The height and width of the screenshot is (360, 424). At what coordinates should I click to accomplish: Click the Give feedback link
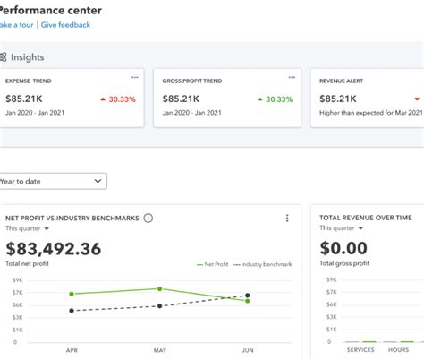click(x=66, y=25)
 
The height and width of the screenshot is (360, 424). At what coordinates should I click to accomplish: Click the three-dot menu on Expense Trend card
click(x=135, y=78)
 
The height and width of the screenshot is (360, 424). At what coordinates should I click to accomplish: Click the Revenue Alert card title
click(x=341, y=81)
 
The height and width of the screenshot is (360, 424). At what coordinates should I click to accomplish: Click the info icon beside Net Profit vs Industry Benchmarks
click(x=148, y=218)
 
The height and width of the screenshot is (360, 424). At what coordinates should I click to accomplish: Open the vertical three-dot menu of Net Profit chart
click(x=287, y=218)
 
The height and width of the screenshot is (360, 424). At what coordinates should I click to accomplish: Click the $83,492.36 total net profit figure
click(x=54, y=249)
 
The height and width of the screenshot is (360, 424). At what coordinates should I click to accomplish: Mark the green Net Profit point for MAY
click(x=159, y=288)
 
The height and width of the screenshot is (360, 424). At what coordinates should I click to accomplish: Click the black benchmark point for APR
click(x=72, y=311)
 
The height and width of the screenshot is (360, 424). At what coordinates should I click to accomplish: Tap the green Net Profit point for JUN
click(x=248, y=301)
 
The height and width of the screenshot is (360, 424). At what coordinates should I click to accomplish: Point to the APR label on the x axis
click(x=72, y=350)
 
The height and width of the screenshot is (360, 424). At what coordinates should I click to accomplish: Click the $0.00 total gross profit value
click(x=343, y=249)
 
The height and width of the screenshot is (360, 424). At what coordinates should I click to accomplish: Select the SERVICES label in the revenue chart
click(x=361, y=350)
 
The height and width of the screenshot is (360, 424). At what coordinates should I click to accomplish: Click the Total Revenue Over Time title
click(x=367, y=218)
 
